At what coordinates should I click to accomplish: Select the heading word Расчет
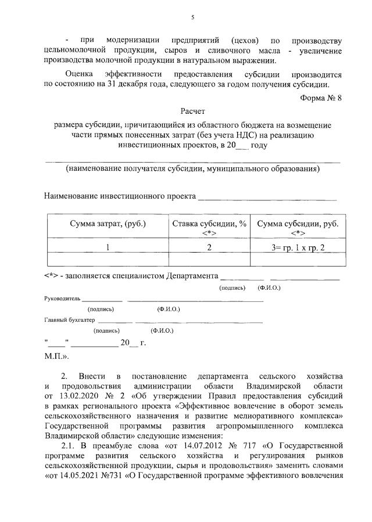pos(192,110)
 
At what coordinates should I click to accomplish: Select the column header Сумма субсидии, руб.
pos(298,224)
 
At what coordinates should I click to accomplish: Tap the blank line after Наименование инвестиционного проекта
pos(267,198)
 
